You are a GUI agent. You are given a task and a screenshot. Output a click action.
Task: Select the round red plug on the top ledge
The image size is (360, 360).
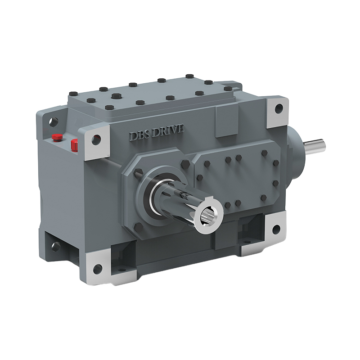click(x=57, y=137)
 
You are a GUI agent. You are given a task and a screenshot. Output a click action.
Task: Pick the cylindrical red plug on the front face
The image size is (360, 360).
click(x=75, y=145)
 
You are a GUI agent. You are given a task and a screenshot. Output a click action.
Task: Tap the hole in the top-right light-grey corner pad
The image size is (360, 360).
click(x=279, y=108)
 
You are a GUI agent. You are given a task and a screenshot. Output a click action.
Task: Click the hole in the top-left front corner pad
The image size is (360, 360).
click(x=96, y=139)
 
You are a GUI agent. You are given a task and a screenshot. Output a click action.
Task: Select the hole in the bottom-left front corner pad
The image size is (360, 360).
click(x=97, y=269)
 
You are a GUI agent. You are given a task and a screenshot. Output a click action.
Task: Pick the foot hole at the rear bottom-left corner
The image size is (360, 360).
click(x=56, y=246)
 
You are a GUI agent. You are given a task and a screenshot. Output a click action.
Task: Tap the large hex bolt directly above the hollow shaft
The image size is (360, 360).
click(x=185, y=164)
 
